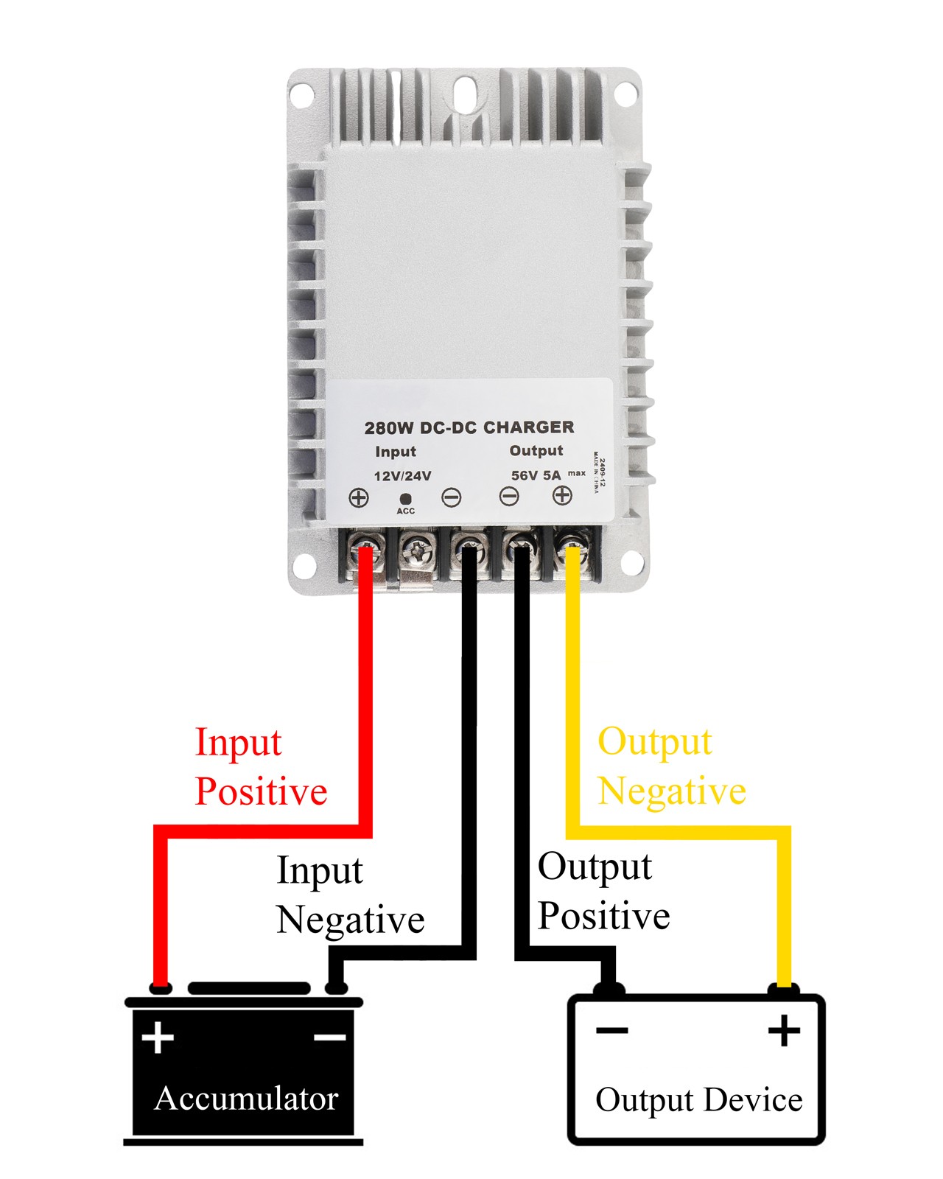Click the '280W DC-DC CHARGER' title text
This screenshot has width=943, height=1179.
(469, 427)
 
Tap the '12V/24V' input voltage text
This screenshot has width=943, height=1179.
(403, 475)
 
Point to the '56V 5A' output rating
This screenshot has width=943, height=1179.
(536, 475)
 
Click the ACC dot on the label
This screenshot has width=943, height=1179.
(405, 499)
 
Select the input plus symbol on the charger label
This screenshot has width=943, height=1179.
(359, 497)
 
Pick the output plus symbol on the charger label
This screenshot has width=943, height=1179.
(562, 495)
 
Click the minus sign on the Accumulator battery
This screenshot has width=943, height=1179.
(330, 1037)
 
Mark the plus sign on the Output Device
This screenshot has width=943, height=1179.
(784, 1030)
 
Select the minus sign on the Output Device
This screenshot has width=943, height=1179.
(612, 1031)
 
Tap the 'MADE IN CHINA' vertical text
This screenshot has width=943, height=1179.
(597, 472)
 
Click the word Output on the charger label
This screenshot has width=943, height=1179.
(536, 451)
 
